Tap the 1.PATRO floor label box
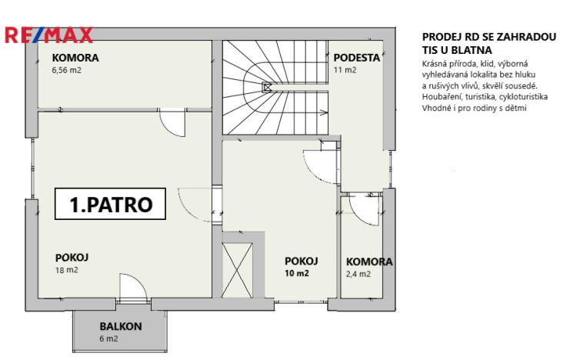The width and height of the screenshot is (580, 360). click(112, 205)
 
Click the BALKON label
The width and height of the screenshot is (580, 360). click(120, 326)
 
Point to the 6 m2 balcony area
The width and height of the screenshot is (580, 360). click(108, 338)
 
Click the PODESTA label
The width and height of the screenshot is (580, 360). click(356, 58)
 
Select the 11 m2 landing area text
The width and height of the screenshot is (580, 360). click(345, 70)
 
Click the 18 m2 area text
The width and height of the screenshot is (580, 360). click(66, 271)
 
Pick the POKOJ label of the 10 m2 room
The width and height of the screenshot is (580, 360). click(302, 261)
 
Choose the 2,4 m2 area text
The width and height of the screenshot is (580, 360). click(358, 274)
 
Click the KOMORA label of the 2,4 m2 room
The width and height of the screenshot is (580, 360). click(369, 262)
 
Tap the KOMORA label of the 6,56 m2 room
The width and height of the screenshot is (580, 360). click(75, 58)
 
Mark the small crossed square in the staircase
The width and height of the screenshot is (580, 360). click(267, 88)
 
